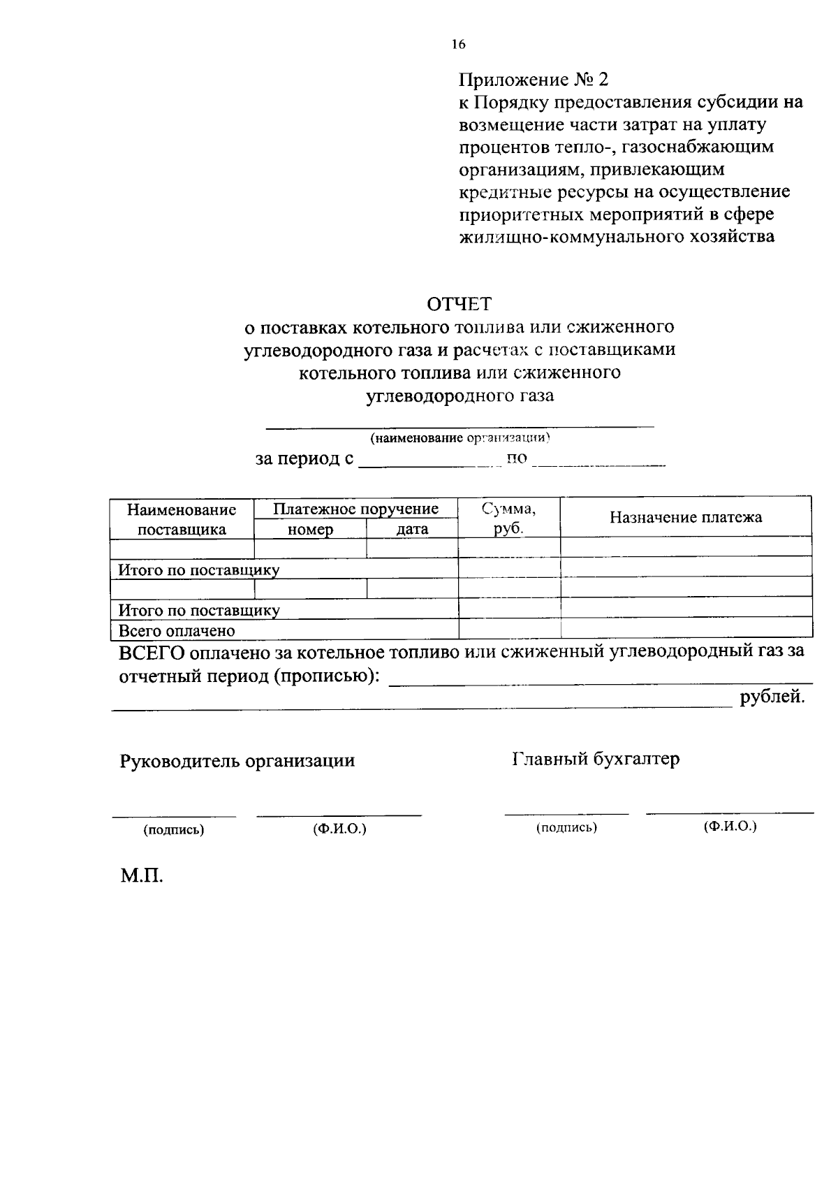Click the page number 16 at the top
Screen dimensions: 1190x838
click(458, 45)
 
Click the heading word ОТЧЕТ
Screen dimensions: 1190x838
click(459, 304)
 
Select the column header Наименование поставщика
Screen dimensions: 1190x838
click(182, 519)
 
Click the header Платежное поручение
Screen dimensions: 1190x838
click(355, 509)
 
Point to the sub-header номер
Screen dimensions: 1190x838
click(310, 530)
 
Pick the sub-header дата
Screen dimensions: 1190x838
click(412, 530)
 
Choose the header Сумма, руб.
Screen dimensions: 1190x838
click(509, 518)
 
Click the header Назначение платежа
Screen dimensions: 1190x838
click(686, 517)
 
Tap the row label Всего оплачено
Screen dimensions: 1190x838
click(177, 630)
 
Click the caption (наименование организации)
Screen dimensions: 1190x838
click(461, 438)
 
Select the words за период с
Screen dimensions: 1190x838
click(304, 459)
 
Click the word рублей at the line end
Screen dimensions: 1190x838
click(772, 697)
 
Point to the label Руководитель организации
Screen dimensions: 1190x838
click(237, 760)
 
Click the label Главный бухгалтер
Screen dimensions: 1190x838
click(596, 759)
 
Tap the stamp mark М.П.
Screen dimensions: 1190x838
click(141, 876)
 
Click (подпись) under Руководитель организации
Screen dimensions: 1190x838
click(174, 830)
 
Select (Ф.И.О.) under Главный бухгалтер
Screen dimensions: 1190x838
click(730, 826)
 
